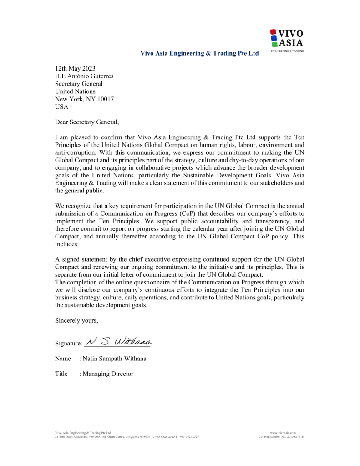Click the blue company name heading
200,54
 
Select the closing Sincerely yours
76,320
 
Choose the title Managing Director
108,374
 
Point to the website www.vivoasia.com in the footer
283,433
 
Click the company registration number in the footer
281,436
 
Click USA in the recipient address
61,107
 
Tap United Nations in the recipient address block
75,91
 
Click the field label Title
61,374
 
